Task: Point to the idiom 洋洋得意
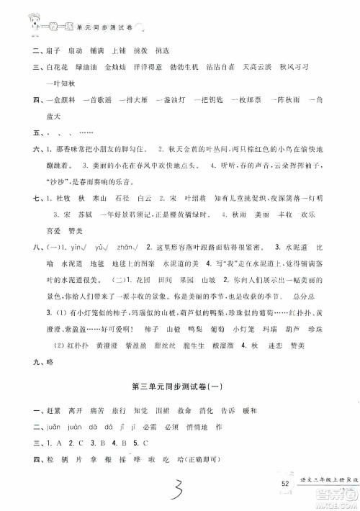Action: tap(141, 67)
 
